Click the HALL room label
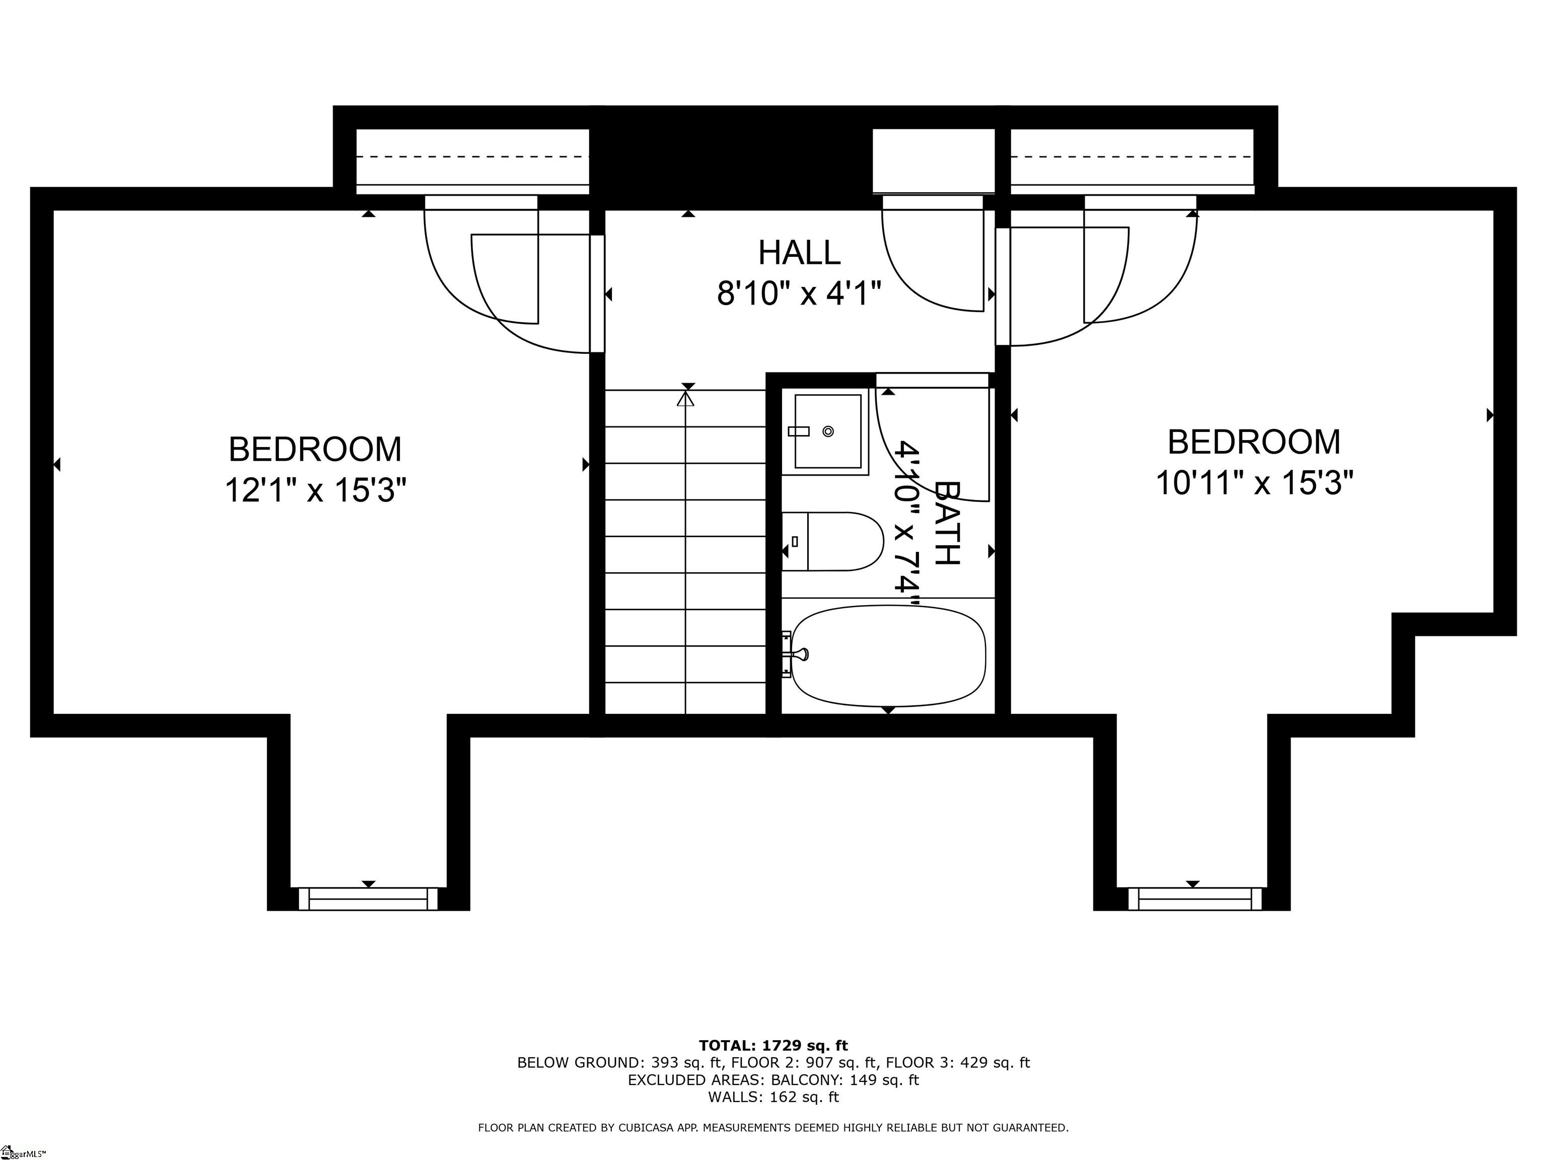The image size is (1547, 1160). [x=799, y=252]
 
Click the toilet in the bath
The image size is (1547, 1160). [x=836, y=541]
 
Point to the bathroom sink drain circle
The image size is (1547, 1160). [x=828, y=431]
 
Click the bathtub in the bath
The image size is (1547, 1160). [x=888, y=655]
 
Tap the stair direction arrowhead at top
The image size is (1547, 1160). [x=685, y=399]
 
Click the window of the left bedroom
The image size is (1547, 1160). [x=368, y=899]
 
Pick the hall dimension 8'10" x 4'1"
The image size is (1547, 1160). [x=799, y=293]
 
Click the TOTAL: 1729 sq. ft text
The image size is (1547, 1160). [x=773, y=1045]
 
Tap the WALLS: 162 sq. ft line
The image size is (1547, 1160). [x=773, y=1097]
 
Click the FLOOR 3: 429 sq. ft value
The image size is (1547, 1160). [x=957, y=1063]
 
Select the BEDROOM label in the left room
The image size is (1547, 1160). [x=315, y=450]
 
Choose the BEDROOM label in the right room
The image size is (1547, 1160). [x=1254, y=443]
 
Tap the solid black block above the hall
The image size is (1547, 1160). [x=731, y=157]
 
